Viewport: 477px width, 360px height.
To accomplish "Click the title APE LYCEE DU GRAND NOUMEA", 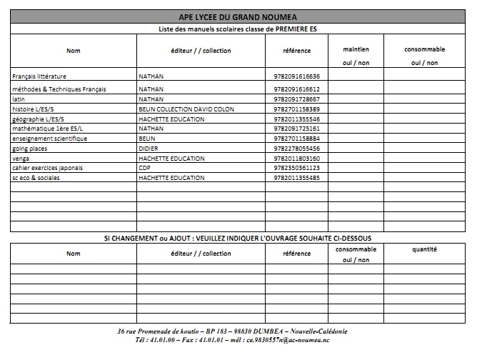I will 238,16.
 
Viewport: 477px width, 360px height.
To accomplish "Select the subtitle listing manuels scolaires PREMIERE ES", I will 238,29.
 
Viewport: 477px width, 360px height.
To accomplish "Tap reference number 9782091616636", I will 296,76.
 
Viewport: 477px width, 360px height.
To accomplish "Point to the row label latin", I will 19,99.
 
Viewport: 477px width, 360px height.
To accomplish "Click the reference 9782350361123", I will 296,168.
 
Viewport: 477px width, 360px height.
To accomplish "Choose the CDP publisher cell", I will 145,168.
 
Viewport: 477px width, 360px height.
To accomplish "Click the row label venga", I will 21,158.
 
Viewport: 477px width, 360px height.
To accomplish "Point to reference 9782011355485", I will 296,178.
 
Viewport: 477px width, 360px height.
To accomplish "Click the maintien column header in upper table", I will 356,49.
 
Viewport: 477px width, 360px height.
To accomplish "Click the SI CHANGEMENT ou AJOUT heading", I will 238,237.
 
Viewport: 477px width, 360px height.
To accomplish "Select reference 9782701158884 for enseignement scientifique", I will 296,138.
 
